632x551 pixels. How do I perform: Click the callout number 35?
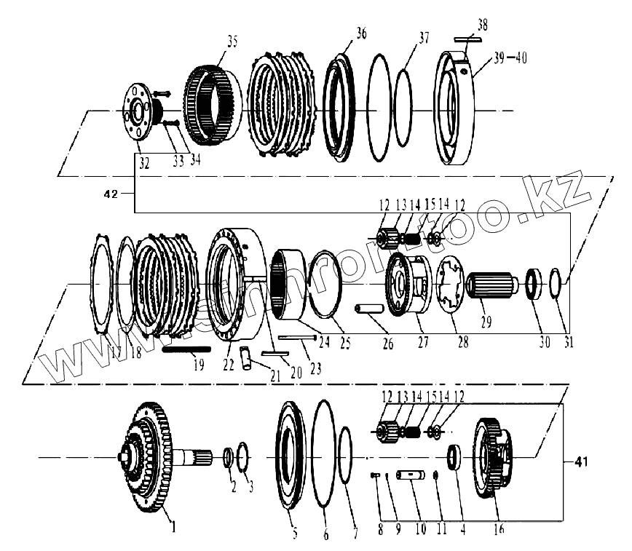point(232,41)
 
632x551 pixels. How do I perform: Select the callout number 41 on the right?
point(580,461)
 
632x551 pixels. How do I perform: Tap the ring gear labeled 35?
point(211,103)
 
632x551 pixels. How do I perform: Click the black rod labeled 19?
point(186,349)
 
